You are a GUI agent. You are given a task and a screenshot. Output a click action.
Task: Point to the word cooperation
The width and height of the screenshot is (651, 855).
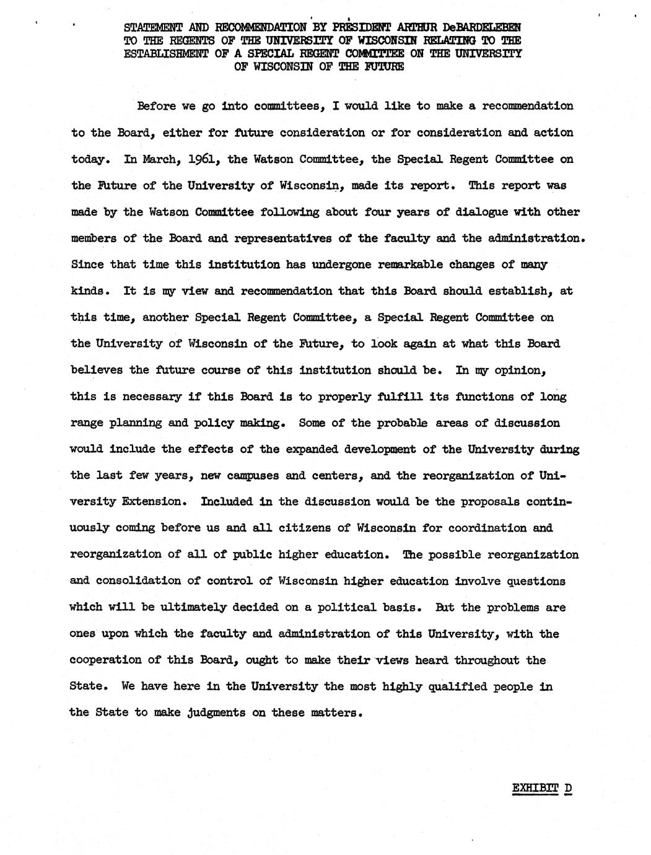click(x=108, y=660)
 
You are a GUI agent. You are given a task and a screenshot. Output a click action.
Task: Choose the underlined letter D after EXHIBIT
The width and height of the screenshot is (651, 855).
click(x=568, y=789)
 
